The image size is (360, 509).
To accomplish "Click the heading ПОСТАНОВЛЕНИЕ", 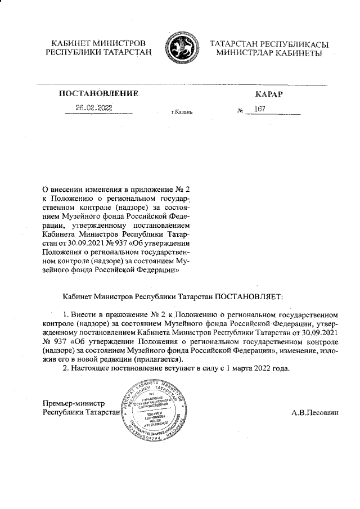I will pos(98,93).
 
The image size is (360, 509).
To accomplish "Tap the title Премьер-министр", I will pos(74,403).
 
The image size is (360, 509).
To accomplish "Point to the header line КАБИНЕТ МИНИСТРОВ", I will pos(99,43).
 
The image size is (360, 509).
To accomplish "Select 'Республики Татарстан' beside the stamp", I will pos(82,413).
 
